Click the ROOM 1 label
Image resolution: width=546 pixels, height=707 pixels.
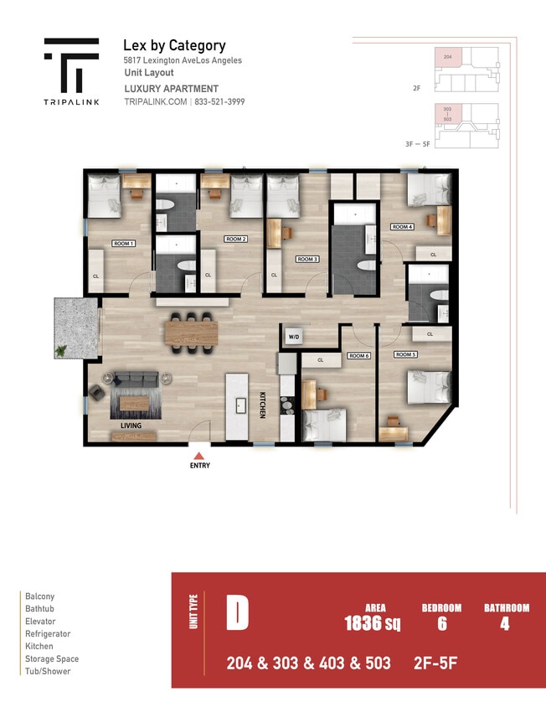pos(124,243)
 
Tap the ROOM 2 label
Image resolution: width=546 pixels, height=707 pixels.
pos(236,239)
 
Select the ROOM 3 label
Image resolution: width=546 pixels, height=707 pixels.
pos(307,259)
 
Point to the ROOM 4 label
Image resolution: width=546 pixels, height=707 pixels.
pos(402,227)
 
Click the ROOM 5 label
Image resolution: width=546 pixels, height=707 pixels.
pos(405,354)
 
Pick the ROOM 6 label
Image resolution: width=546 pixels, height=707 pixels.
pos(358,356)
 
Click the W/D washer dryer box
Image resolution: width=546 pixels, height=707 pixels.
pos(294,337)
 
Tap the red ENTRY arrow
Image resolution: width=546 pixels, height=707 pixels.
pos(199,454)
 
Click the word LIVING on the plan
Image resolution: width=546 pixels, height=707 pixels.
pos(130,426)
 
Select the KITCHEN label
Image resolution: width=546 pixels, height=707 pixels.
pos(262,405)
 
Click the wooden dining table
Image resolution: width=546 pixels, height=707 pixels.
pos(191,333)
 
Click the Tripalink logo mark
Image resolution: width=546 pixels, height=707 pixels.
pos(71,66)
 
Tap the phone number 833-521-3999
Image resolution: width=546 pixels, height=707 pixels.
pos(220,101)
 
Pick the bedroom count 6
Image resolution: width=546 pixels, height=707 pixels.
pos(441,623)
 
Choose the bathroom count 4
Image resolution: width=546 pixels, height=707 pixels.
pos(505,623)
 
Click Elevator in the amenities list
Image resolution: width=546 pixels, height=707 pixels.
pos(40,622)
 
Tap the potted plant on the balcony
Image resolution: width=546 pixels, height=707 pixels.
pos(62,350)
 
